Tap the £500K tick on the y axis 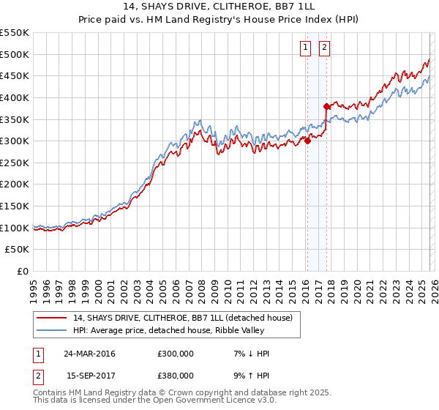pyautogui.click(x=15, y=54)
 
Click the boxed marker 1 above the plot pyautogui.click(x=304, y=48)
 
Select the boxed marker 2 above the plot pyautogui.click(x=323, y=48)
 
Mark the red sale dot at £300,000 pyautogui.click(x=307, y=141)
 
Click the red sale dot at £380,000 pyautogui.click(x=326, y=106)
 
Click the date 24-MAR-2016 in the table pyautogui.click(x=90, y=354)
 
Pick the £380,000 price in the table pyautogui.click(x=176, y=375)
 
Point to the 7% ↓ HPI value pyautogui.click(x=249, y=354)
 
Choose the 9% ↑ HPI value pyautogui.click(x=249, y=375)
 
